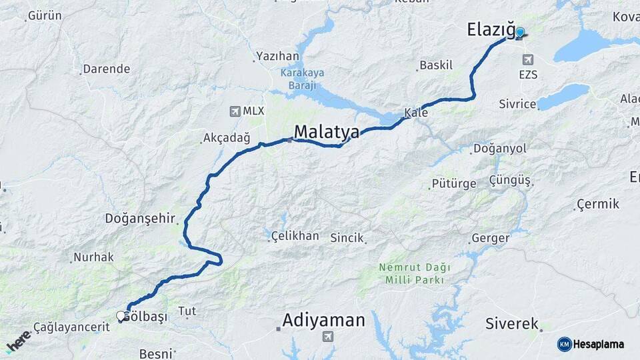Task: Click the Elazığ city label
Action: [x=491, y=30]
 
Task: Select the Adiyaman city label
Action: [x=323, y=321]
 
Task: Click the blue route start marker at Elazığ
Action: [x=520, y=32]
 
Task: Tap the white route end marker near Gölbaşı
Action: [x=121, y=316]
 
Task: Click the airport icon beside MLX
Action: [x=235, y=111]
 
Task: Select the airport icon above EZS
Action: [x=528, y=59]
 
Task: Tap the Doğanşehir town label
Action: [x=139, y=219]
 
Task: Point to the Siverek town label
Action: [x=512, y=324]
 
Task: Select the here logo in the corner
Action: [x=19, y=341]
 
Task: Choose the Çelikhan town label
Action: [x=295, y=236]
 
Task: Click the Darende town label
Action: [x=107, y=69]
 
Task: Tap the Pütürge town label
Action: [x=454, y=183]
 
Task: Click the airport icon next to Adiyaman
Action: [x=327, y=337]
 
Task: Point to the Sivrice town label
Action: [x=518, y=104]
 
